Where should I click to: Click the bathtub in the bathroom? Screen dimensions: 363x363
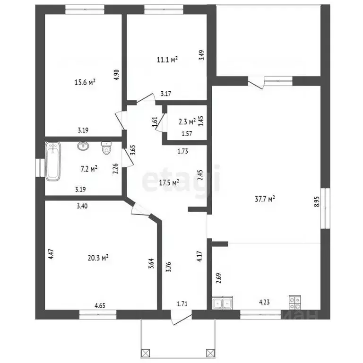53,161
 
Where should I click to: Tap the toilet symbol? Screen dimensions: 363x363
106,147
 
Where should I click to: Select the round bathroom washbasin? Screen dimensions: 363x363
83,146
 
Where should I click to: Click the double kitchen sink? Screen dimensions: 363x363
223,302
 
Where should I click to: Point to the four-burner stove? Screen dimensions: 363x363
295,302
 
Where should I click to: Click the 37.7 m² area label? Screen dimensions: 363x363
265,199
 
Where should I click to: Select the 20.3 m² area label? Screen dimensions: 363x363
98,258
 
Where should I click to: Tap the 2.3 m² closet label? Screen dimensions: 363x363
187,121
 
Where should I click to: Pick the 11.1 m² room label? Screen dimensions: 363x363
167,60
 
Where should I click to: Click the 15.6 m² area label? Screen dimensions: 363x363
85,82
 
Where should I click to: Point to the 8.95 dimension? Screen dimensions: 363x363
317,202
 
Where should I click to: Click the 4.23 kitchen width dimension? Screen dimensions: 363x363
264,302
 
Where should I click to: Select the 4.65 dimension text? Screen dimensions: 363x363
100,306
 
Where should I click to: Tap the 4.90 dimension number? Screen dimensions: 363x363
117,75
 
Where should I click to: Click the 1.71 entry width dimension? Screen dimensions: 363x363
182,304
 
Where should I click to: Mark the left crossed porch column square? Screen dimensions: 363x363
146,354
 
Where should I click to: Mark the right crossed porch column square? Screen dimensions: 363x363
210,354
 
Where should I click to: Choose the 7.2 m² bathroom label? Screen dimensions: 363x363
89,169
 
